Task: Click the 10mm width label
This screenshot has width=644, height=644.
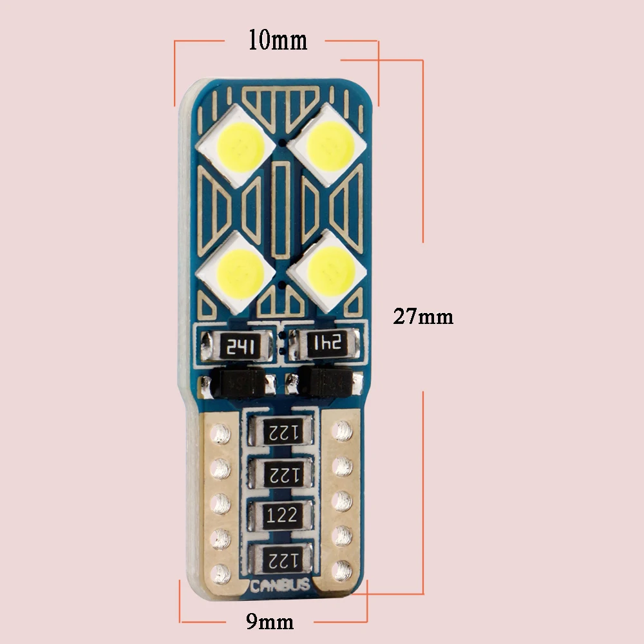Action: coord(278,41)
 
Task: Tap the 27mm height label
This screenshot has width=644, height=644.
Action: coord(423,317)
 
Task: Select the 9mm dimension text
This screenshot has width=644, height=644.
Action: coord(270,621)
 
